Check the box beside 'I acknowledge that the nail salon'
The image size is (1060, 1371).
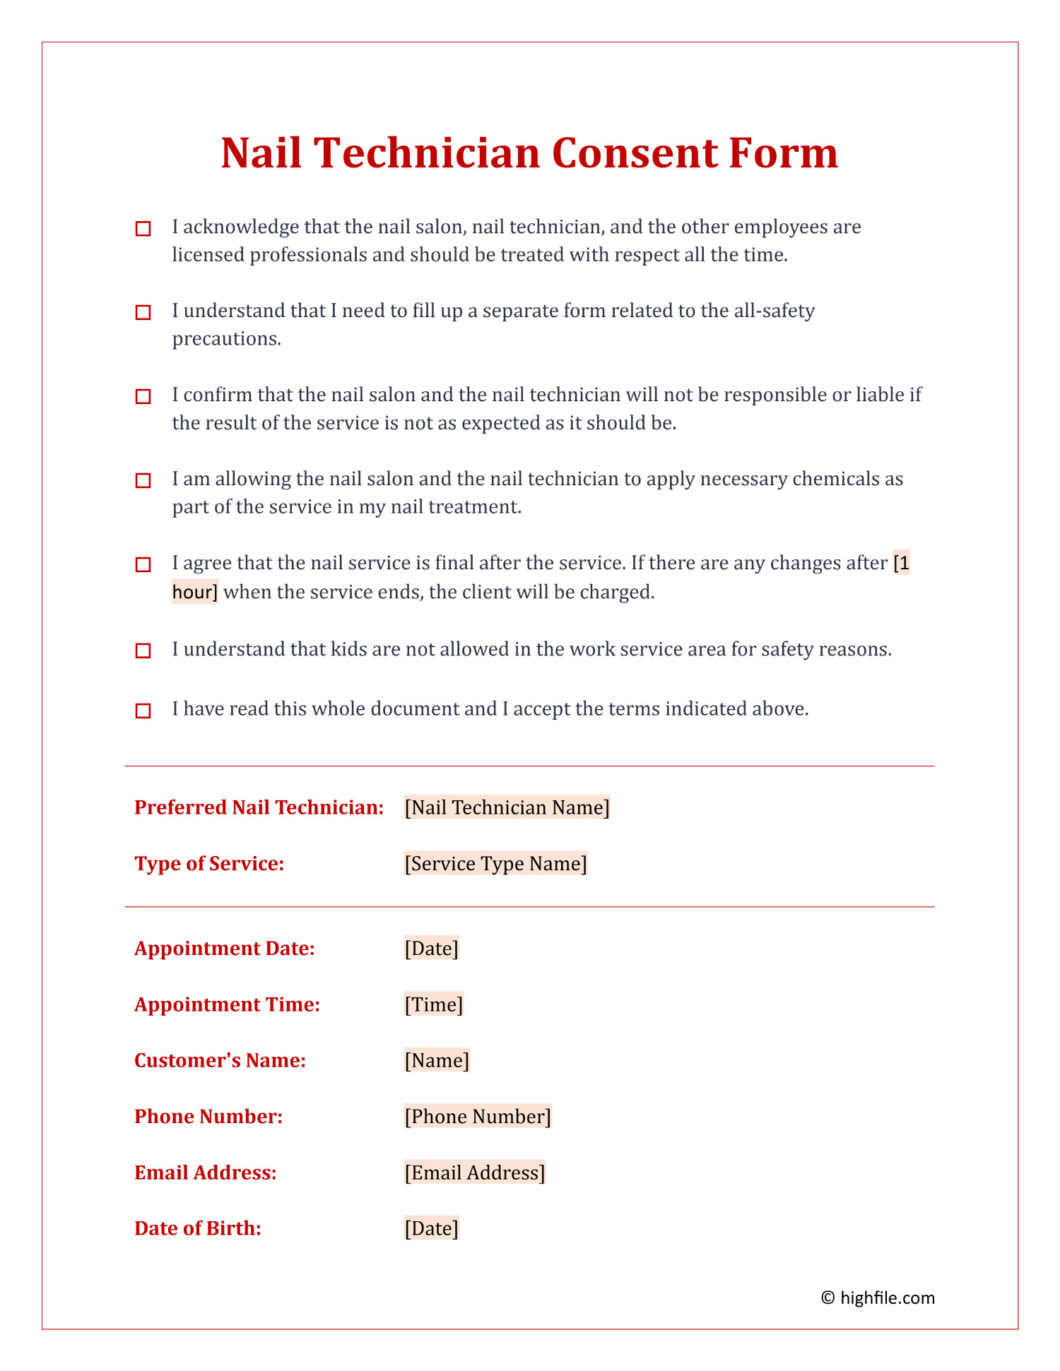143,229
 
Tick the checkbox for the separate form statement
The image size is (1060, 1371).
143,313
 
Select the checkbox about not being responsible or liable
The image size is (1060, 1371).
143,397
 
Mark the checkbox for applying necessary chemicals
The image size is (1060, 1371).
143,481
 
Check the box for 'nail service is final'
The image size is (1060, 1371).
143,565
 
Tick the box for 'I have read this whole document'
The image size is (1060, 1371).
143,711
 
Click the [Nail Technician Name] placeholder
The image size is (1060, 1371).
507,807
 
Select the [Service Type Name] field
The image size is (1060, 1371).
495,864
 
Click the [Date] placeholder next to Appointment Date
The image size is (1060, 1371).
431,948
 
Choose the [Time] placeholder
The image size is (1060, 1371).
433,1004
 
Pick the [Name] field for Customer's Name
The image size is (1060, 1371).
436,1060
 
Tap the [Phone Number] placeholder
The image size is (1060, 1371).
477,1116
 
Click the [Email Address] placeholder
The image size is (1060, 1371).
474,1173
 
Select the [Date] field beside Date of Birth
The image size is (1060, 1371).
431,1228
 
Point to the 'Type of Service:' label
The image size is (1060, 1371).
209,864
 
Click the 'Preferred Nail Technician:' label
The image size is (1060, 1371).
259,807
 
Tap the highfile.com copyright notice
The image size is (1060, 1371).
878,1298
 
